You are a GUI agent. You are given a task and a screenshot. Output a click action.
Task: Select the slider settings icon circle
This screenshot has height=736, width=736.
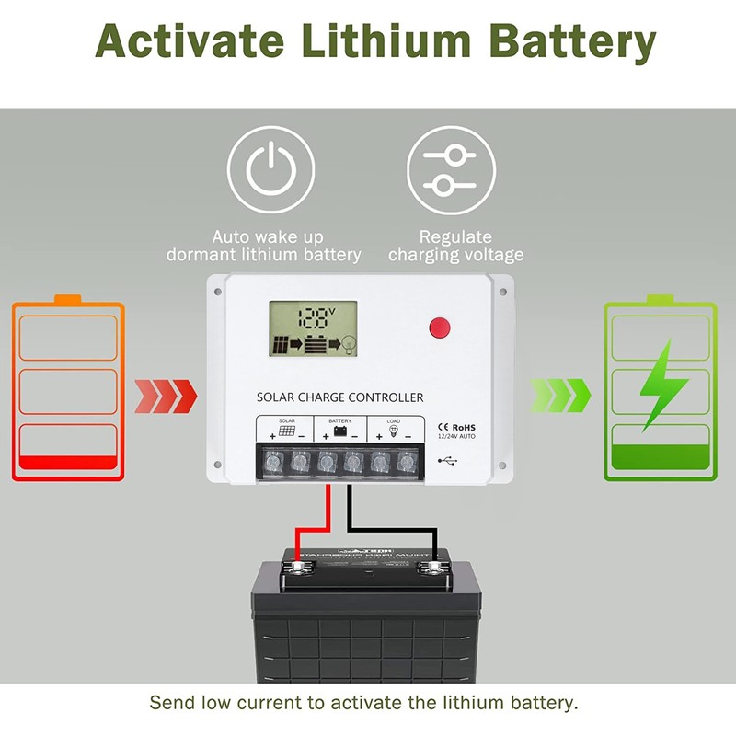[x=447, y=169]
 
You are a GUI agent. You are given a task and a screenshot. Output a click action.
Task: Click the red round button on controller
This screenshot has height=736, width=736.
[x=440, y=327]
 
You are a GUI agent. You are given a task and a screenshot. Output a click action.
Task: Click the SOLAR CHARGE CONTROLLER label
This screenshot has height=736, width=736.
[x=340, y=397]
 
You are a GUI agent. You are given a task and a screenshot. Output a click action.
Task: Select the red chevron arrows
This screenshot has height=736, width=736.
[x=166, y=397]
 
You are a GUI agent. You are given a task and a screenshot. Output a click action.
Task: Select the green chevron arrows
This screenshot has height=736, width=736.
[x=560, y=397]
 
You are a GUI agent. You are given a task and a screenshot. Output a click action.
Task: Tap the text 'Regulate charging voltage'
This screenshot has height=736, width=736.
[x=454, y=246]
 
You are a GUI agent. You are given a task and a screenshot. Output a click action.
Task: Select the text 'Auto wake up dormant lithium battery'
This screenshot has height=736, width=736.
[x=264, y=246]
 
